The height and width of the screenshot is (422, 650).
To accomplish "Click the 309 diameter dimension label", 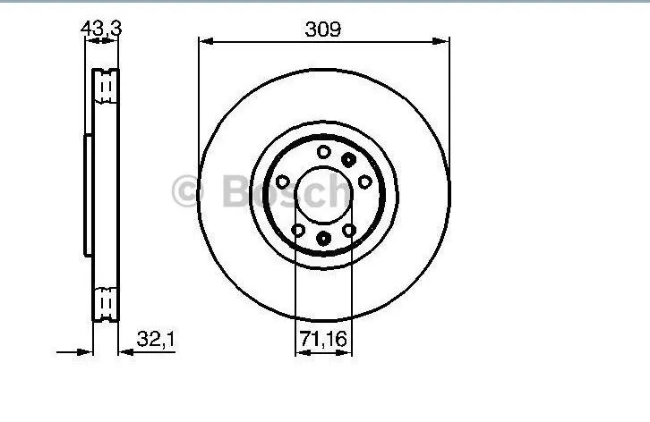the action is (323, 30).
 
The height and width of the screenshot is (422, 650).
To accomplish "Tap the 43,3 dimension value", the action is (101, 29).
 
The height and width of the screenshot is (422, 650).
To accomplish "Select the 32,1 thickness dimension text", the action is (156, 339).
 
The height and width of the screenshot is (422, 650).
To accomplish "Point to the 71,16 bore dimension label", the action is (323, 339).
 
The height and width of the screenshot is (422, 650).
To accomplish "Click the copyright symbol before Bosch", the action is (188, 191).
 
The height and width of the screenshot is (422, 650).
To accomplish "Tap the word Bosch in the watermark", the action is (286, 190).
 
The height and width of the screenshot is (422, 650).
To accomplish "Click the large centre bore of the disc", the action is (323, 195).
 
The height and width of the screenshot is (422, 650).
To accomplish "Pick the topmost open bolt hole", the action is (324, 152).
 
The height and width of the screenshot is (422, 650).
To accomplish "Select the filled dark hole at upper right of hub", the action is (348, 159).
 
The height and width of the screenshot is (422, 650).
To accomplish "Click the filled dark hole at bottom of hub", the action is (323, 239).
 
